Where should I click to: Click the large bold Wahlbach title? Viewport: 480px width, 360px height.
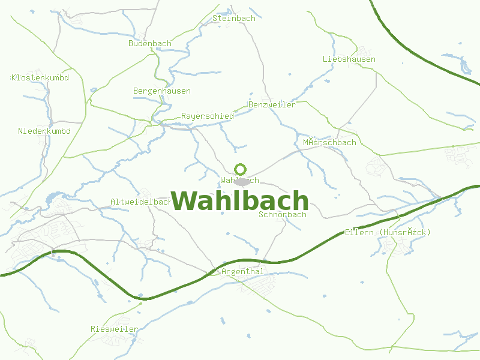coord(240,201)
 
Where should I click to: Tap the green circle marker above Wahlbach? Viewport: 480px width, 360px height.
coord(241,170)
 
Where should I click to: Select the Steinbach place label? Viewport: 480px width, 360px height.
coord(234,19)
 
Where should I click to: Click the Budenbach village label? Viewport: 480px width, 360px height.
coord(150,44)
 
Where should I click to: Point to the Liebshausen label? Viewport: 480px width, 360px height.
coord(349,59)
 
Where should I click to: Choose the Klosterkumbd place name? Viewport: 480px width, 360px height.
coord(40,78)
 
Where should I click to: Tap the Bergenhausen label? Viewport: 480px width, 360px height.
coord(162,91)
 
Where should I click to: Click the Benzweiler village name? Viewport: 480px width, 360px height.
coord(272,105)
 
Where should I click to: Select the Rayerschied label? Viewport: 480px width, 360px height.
coord(208,116)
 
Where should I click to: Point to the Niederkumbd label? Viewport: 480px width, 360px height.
coord(44,131)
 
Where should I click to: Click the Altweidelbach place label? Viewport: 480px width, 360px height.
coord(142,202)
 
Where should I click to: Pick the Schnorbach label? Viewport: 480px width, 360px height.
coord(283,215)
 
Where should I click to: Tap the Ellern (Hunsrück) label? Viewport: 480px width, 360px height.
coord(388,233)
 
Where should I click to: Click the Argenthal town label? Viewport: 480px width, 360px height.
coord(242,272)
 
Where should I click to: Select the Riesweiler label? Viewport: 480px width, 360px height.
coord(114,329)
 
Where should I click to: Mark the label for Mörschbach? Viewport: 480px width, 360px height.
coord(329,143)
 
